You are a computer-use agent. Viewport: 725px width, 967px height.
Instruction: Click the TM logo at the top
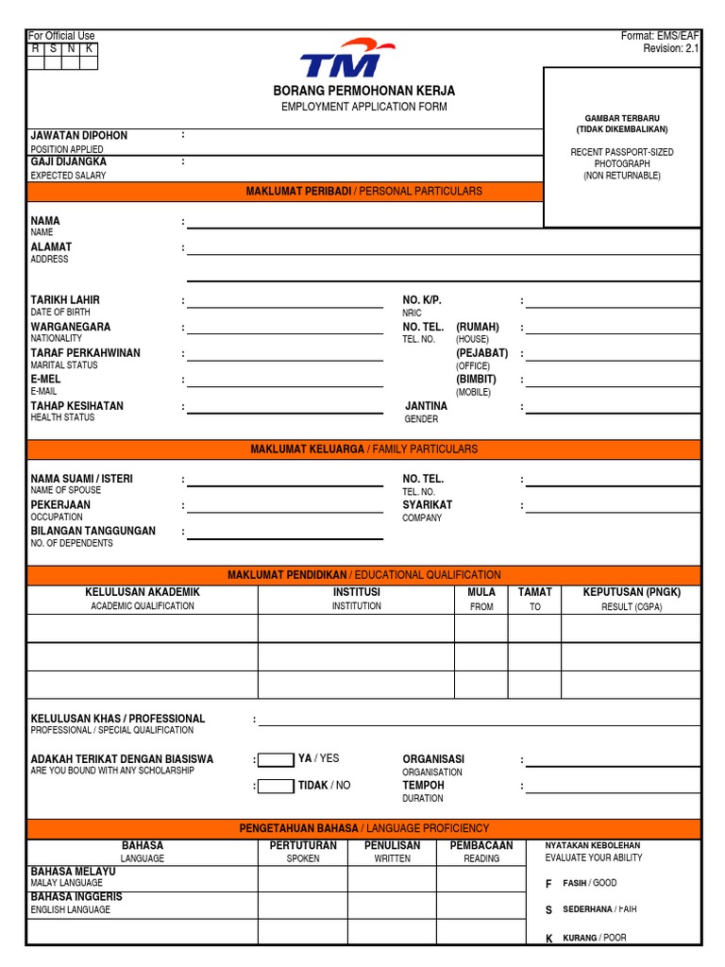pos(341,59)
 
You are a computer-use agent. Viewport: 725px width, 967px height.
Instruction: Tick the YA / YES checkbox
pos(276,759)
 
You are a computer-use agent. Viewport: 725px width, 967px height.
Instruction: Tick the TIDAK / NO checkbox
pos(276,786)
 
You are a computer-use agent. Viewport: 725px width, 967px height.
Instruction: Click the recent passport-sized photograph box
pos(622,146)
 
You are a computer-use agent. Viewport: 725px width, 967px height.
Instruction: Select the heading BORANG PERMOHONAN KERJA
pos(363,91)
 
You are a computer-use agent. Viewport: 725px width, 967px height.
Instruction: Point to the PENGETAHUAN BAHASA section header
pos(363,828)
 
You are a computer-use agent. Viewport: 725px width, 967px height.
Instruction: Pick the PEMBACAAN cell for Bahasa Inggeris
pos(481,905)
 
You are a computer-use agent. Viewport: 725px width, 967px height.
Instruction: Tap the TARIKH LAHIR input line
pos(284,303)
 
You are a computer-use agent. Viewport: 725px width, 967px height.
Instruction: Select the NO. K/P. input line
pos(613,303)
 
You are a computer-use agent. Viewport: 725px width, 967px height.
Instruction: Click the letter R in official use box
pos(36,48)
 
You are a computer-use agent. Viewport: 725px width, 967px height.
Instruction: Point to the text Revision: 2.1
pos(671,49)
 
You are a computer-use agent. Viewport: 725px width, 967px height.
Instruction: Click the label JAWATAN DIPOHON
pos(78,136)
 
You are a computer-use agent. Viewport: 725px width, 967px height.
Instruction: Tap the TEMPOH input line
pos(613,789)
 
